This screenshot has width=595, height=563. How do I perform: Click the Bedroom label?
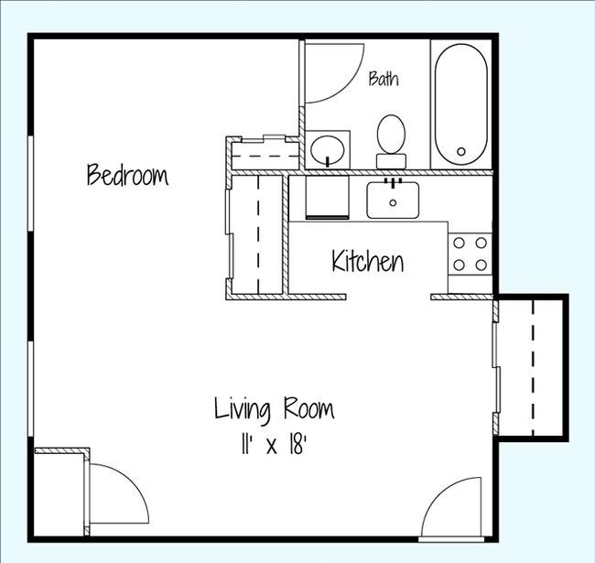click(127, 175)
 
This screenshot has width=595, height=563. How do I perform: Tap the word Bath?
click(384, 79)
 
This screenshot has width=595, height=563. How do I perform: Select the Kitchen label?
click(368, 261)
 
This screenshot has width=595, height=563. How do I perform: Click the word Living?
click(243, 409)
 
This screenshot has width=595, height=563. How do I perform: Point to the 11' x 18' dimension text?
click(274, 445)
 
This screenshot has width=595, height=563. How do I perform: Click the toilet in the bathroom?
click(391, 141)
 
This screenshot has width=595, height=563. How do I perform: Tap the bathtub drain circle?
click(461, 152)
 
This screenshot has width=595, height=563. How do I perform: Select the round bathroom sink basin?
click(328, 149)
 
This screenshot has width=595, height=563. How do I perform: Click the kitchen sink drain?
click(393, 203)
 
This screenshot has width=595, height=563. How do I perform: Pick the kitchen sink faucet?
click(393, 183)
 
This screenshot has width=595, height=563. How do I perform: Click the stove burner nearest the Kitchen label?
click(460, 265)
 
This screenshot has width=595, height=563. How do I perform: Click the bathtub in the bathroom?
click(461, 104)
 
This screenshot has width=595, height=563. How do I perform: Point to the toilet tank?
click(391, 162)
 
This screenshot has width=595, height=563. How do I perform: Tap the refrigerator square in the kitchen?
click(327, 197)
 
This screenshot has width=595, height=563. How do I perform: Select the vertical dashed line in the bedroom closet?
click(259, 234)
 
